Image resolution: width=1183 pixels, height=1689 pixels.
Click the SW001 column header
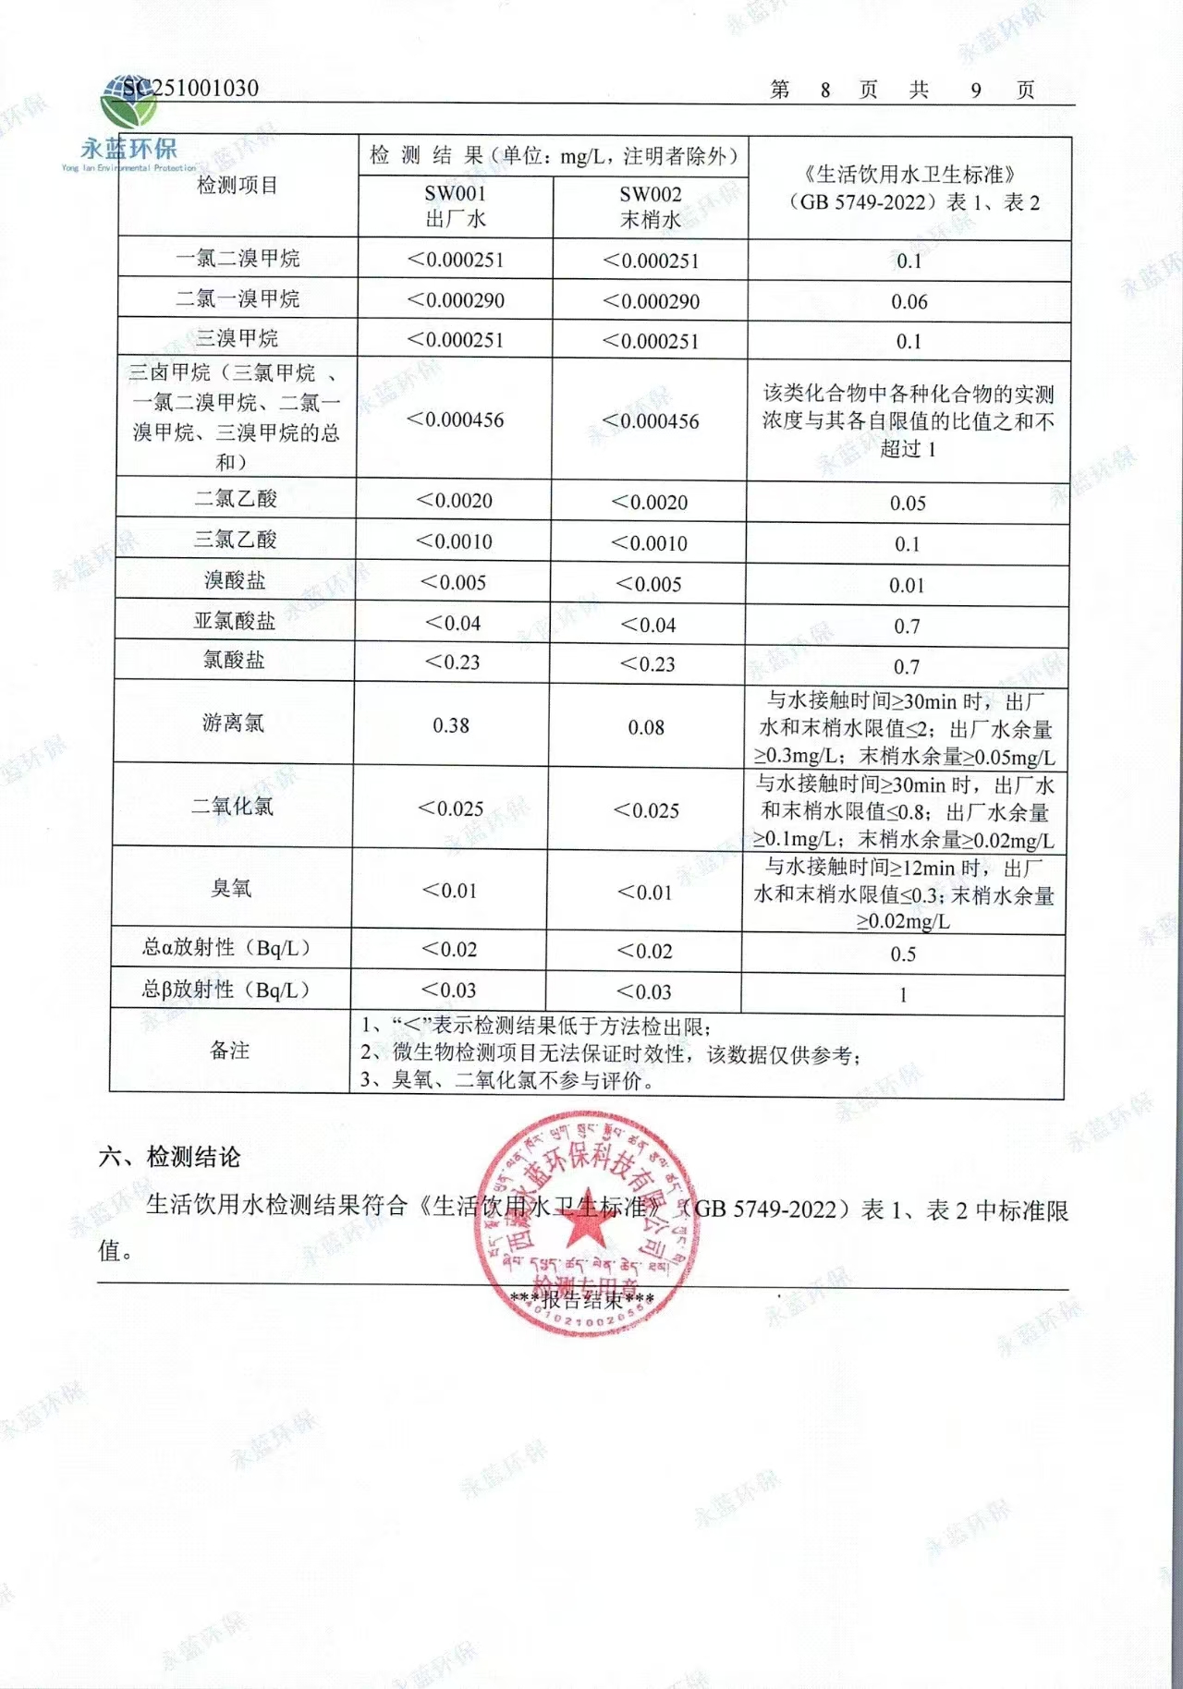(455, 206)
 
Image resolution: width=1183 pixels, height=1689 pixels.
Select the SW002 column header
(650, 207)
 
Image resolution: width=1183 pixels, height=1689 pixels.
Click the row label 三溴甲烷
(238, 338)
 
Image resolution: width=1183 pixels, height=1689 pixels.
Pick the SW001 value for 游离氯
(451, 725)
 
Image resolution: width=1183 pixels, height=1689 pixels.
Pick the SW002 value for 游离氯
(646, 727)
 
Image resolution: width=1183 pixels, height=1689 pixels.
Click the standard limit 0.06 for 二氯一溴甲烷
(909, 301)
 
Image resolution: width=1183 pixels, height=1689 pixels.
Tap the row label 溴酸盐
(235, 580)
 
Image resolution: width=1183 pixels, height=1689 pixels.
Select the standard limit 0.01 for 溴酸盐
(907, 585)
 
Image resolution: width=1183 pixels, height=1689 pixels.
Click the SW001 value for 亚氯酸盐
(453, 623)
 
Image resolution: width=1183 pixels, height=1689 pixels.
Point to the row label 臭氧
(231, 888)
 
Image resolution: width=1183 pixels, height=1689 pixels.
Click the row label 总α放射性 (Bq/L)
(227, 947)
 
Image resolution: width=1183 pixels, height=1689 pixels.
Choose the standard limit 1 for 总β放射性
(903, 995)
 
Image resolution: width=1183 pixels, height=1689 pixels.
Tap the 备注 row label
(229, 1050)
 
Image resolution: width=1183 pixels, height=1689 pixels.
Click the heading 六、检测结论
(169, 1157)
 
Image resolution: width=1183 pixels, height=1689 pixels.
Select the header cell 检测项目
(238, 185)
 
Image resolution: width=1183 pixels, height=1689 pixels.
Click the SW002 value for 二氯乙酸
(650, 503)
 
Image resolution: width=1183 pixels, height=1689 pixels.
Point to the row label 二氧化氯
(232, 806)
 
